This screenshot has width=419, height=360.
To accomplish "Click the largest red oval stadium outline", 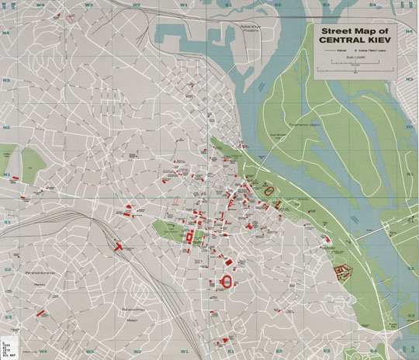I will click(227, 282).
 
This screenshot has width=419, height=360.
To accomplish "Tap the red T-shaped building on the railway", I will click(118, 246).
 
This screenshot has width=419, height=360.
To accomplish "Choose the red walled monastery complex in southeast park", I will click(341, 271).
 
